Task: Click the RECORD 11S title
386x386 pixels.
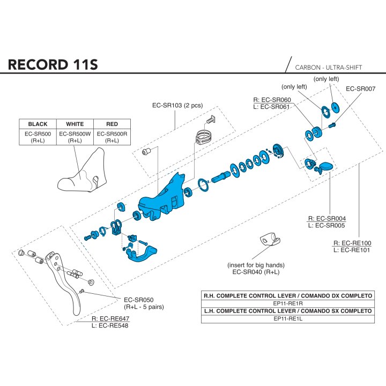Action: [53, 64]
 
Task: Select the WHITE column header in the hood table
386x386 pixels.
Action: [75, 124]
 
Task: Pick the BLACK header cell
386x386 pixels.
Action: [38, 124]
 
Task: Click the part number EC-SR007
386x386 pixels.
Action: [361, 88]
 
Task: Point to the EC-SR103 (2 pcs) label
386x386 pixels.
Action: [177, 106]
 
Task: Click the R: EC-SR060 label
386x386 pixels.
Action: [272, 100]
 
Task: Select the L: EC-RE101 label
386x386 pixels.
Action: [352, 250]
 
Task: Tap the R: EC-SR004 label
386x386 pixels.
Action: [327, 218]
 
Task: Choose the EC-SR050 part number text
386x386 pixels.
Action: [139, 300]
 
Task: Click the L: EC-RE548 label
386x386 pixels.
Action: [110, 326]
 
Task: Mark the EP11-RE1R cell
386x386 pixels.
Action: [288, 303]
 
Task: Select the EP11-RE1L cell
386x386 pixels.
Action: [288, 318]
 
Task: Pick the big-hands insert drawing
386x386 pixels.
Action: [270, 240]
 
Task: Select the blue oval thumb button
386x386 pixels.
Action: [325, 166]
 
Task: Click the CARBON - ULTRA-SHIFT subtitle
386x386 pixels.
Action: [329, 68]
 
